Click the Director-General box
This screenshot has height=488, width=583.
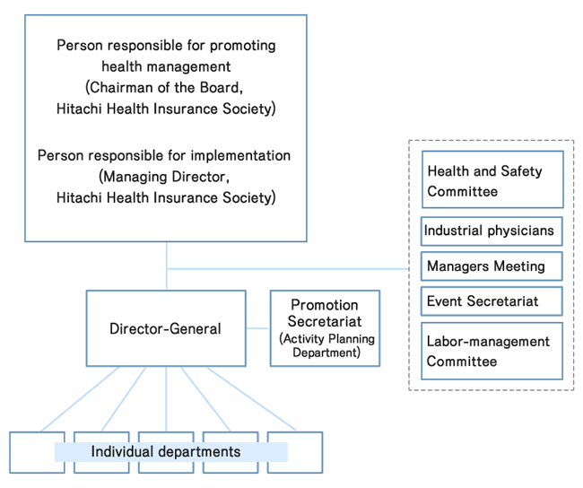click(166, 328)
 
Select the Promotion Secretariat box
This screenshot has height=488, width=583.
click(325, 327)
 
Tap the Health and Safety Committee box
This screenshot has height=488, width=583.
click(492, 180)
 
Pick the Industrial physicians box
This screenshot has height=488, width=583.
click(492, 231)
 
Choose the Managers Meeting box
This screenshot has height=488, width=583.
click(492, 266)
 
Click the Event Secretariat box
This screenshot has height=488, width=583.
click(492, 301)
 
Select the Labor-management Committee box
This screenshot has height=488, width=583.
click(492, 351)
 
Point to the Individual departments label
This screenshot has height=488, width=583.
click(166, 451)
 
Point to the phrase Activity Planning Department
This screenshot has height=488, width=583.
click(325, 345)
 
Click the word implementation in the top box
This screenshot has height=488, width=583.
click(244, 155)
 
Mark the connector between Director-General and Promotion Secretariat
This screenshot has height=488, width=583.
click(257, 328)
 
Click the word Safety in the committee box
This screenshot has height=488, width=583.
click(522, 170)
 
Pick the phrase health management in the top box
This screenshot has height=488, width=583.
click(166, 66)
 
